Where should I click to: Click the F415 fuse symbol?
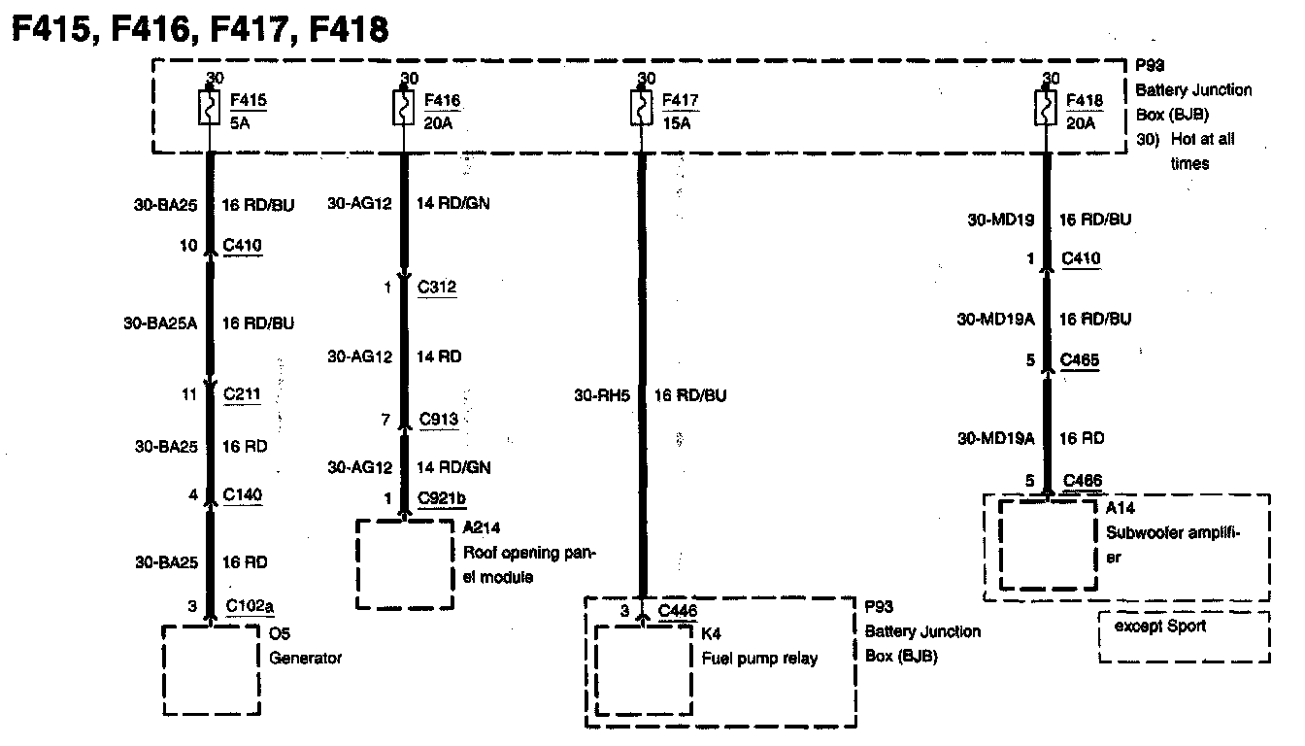209,107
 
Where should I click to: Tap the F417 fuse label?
680,100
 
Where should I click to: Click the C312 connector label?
437,288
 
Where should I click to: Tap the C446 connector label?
677,610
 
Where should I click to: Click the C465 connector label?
1081,360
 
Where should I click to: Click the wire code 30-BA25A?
161,322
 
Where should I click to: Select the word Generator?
305,658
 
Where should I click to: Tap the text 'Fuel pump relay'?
759,658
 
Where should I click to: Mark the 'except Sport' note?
1159,627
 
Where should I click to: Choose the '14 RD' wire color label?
439,356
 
